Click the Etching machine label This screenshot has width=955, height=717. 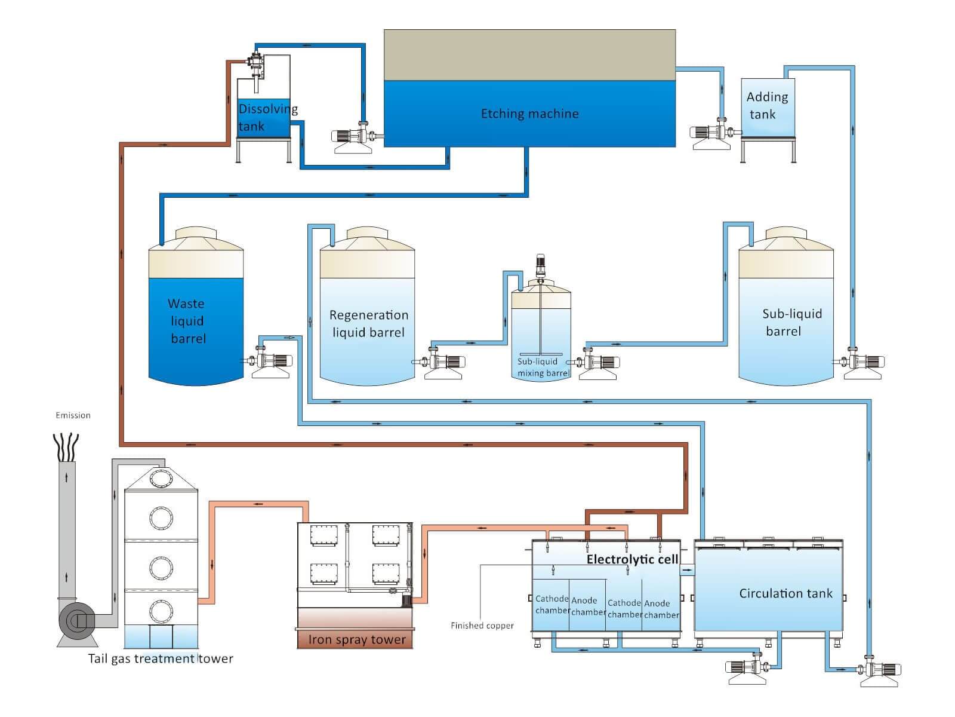[529, 114]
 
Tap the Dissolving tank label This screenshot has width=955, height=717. [267, 118]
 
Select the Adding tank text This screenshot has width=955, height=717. [766, 105]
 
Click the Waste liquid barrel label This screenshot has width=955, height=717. [187, 321]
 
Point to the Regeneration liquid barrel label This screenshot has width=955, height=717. [368, 323]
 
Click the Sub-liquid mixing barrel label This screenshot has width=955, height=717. [542, 367]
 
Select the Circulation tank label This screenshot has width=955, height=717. [785, 593]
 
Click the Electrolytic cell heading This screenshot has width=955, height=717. [632, 559]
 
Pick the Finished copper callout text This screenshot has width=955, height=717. [482, 626]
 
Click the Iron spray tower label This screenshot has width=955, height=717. [356, 639]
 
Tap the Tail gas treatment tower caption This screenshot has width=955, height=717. [161, 658]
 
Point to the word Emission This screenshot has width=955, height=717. [73, 415]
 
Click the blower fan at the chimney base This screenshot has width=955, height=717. [77, 621]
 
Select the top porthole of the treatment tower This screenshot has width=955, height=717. [161, 479]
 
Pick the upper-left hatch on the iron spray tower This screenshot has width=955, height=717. [324, 535]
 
